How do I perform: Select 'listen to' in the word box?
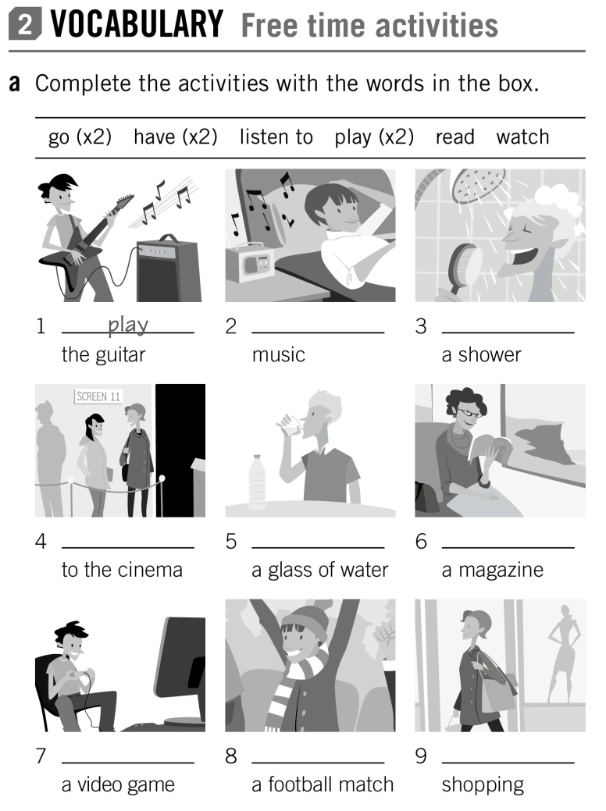click(276, 137)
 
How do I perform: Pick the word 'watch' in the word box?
click(522, 137)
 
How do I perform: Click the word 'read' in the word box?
click(454, 137)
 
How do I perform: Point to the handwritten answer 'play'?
click(128, 323)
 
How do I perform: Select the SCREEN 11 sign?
click(98, 396)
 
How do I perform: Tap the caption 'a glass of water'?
click(319, 570)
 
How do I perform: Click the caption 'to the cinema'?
click(122, 570)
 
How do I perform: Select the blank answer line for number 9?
click(508, 760)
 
